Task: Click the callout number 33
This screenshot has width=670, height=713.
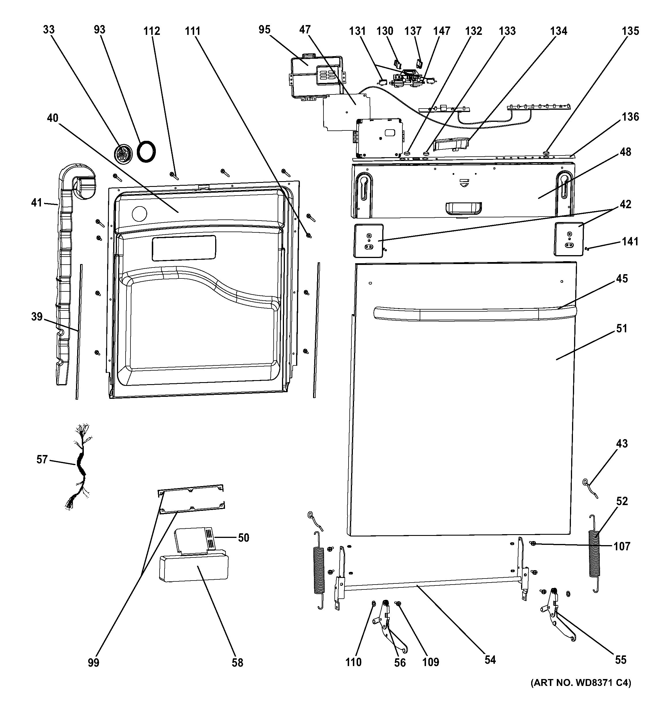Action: (x=49, y=29)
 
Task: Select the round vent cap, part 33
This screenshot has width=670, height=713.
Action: (x=123, y=155)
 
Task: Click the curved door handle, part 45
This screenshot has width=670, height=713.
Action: (x=474, y=313)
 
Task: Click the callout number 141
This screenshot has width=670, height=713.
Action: (x=630, y=241)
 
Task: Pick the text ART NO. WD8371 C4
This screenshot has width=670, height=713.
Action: (x=581, y=693)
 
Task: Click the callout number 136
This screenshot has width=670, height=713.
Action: (x=631, y=117)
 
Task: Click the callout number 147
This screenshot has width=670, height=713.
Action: (x=442, y=31)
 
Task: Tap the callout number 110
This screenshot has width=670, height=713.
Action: (x=354, y=662)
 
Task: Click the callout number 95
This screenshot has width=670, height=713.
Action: (x=264, y=29)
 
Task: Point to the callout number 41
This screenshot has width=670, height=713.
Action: (x=37, y=203)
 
